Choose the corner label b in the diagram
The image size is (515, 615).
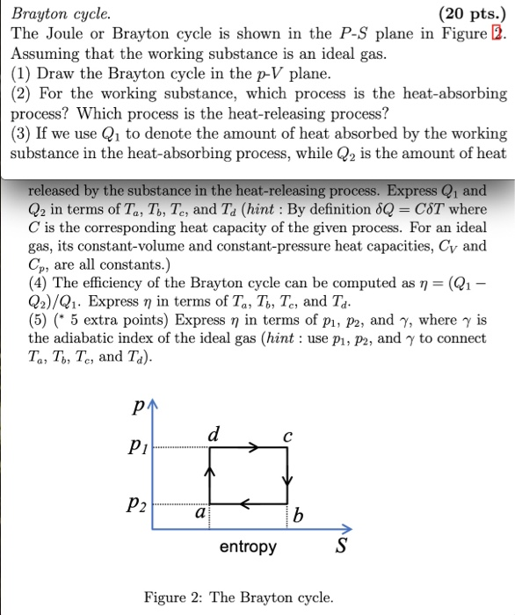pyautogui.click(x=298, y=517)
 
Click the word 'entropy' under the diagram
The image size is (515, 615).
pyautogui.click(x=247, y=546)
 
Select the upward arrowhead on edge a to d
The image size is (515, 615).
pyautogui.click(x=210, y=473)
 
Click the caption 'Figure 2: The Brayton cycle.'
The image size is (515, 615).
pyautogui.click(x=239, y=598)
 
